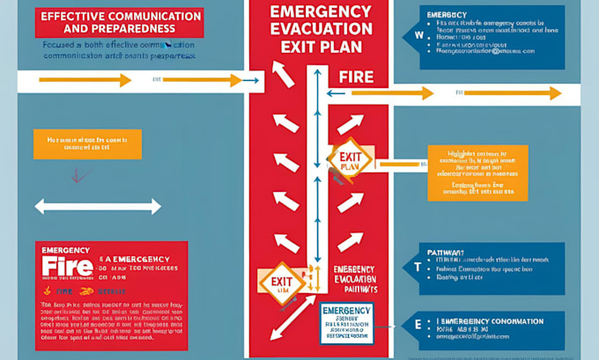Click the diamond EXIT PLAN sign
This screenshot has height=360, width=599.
point(348,160)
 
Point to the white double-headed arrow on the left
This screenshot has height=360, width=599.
point(97,207)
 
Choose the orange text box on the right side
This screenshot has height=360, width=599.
point(477,172)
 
